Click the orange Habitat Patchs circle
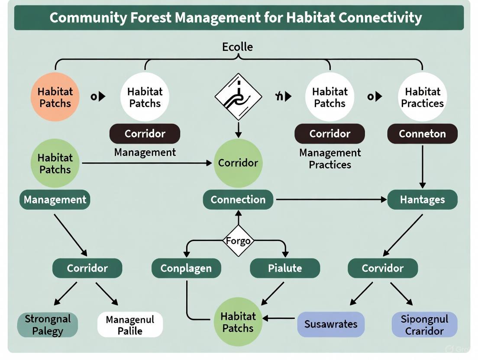(x=55, y=97)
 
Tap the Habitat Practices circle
(x=422, y=97)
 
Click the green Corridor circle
(x=238, y=163)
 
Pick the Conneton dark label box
(x=422, y=134)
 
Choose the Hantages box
(x=422, y=199)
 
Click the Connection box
(x=238, y=199)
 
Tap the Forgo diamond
(x=238, y=240)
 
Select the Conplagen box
(x=186, y=268)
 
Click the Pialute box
(x=285, y=268)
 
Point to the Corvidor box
(x=383, y=268)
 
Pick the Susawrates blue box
(x=331, y=324)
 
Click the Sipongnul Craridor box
(x=424, y=325)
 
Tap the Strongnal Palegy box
(x=48, y=325)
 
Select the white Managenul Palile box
(x=130, y=325)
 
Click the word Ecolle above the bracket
(x=237, y=47)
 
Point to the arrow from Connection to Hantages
(x=331, y=199)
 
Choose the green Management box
(x=55, y=199)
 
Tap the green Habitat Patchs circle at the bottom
(x=238, y=322)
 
